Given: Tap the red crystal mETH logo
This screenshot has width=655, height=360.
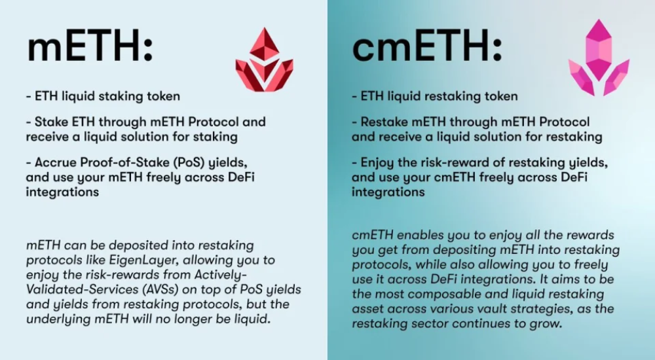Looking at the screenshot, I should [x=264, y=60].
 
